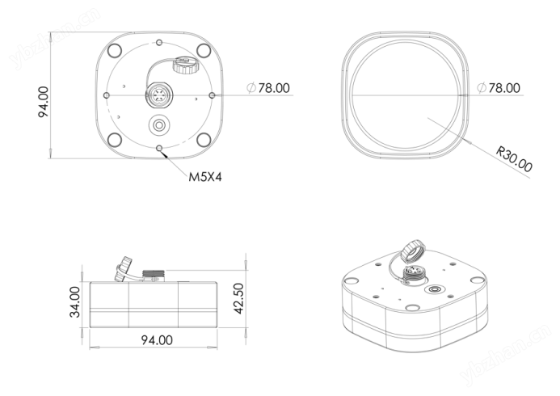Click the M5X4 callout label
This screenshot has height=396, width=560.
click(x=205, y=177)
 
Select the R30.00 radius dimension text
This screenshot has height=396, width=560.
click(x=514, y=159)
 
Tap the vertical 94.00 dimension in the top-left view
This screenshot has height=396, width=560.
click(x=44, y=102)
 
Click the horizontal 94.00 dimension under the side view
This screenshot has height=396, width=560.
click(x=157, y=340)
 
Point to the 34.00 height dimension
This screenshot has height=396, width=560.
click(x=75, y=301)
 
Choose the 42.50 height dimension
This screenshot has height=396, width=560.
click(x=238, y=298)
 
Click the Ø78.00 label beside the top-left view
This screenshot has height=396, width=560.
click(x=268, y=88)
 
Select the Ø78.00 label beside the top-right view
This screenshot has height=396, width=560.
click(x=499, y=88)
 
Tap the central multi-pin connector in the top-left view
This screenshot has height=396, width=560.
click(x=159, y=95)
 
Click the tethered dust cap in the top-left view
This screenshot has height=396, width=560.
click(x=184, y=65)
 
